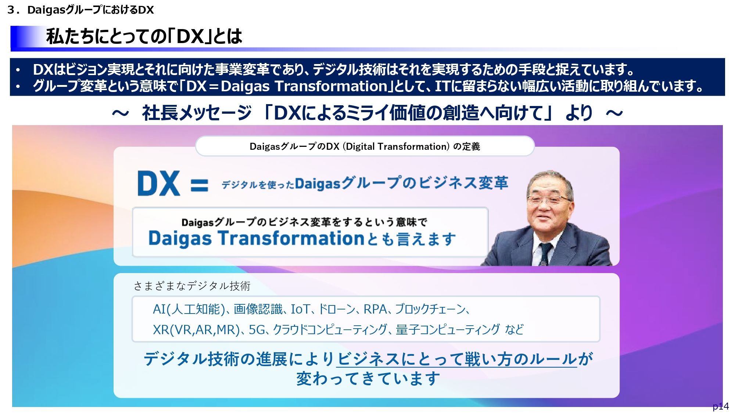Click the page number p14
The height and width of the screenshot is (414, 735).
coord(721,406)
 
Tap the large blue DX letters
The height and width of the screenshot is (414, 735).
coord(159,183)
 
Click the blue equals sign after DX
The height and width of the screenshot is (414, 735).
coord(200,185)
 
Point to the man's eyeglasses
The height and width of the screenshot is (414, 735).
coord(549,200)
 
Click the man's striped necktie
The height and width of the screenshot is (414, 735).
coord(545,254)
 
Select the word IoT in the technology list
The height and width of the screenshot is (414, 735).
coord(300,309)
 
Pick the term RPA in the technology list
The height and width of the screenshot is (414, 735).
coord(375,309)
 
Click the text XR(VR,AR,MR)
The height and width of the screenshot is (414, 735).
coord(196,330)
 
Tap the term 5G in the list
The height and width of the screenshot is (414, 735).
coord(257,330)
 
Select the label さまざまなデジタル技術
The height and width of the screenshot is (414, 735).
coord(192,286)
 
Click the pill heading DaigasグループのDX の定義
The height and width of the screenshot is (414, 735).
coord(365,146)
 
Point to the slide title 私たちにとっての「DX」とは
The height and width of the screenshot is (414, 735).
coord(144,36)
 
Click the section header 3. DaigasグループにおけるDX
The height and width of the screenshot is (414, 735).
coord(80,10)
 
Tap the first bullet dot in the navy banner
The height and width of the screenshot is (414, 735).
coord(18,70)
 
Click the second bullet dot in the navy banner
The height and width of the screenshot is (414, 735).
coord(18,87)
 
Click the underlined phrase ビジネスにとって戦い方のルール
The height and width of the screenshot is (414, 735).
coord(457,359)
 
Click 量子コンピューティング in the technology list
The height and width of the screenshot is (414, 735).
coord(448,330)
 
